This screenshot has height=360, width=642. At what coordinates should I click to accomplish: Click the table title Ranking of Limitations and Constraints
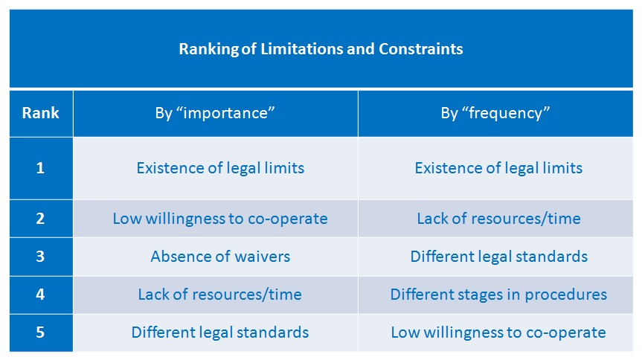(x=321, y=49)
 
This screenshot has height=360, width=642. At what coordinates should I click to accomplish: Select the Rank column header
(x=40, y=112)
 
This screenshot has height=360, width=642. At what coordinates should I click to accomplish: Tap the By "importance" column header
(x=215, y=113)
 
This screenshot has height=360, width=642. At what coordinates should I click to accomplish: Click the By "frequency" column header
(x=495, y=113)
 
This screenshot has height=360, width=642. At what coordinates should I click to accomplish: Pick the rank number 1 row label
(x=40, y=168)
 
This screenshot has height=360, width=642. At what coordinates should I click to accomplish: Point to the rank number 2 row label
(x=40, y=219)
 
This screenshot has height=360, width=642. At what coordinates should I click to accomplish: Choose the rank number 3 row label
(x=40, y=257)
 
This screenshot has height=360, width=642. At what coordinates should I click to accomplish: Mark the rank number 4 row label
(x=40, y=295)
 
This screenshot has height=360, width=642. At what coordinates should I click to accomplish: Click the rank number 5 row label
(x=40, y=332)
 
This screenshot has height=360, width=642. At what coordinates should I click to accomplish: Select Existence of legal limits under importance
(x=220, y=168)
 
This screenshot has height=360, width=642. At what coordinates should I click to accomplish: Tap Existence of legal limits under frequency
(x=498, y=168)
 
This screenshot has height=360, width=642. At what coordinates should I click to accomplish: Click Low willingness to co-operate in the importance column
(x=220, y=219)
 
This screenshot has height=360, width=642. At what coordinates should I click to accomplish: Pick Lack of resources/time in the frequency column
(x=498, y=219)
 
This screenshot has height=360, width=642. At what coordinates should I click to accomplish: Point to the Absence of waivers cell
(x=220, y=257)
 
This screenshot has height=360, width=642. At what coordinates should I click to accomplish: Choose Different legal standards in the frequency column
(x=498, y=257)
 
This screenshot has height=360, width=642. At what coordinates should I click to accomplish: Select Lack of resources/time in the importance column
(x=220, y=295)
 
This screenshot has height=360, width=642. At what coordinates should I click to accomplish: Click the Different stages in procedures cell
(x=498, y=295)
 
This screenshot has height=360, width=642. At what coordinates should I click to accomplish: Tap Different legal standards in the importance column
(x=220, y=332)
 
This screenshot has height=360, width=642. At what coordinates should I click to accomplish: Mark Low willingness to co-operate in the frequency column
(x=498, y=332)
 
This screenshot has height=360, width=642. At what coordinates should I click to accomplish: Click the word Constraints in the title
(x=421, y=49)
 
